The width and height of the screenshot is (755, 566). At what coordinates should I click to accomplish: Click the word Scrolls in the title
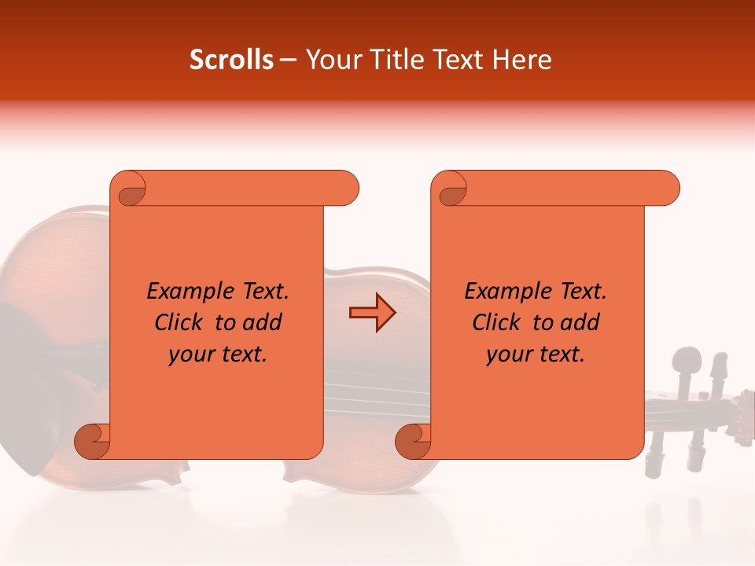coord(231,61)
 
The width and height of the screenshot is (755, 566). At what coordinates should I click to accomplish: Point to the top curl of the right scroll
coord(451,189)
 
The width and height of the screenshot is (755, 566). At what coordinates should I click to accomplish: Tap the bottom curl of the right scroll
coord(413,440)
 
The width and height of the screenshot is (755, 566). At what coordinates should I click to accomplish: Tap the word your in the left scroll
coord(189,355)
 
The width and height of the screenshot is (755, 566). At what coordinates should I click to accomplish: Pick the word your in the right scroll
coord(506,355)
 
